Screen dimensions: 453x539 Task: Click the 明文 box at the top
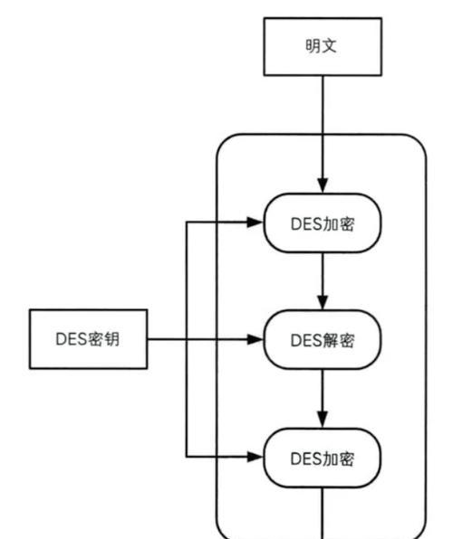[323, 46]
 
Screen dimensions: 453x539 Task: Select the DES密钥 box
[89, 339]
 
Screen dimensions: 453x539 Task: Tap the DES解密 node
[323, 340]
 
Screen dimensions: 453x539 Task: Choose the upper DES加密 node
[323, 223]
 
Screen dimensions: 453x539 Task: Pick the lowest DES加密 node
[323, 458]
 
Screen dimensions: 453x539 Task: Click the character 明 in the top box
[313, 46]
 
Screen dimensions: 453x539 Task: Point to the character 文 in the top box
[329, 46]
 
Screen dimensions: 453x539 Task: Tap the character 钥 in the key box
[111, 339]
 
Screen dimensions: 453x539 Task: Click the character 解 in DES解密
[331, 341]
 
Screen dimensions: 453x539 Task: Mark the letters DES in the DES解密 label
[306, 341]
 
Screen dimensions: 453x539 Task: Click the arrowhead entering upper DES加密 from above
[323, 185]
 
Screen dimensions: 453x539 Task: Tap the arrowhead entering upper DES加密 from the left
[255, 222]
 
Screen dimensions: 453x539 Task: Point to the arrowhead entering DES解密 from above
[323, 302]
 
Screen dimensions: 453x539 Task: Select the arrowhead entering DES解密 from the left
[255, 340]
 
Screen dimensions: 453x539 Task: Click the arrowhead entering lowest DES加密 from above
[323, 421]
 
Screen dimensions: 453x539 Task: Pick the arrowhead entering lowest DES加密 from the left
[255, 457]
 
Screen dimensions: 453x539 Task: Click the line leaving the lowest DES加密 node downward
[323, 513]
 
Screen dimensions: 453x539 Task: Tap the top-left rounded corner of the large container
[223, 141]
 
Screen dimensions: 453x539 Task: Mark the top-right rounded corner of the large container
[419, 141]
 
